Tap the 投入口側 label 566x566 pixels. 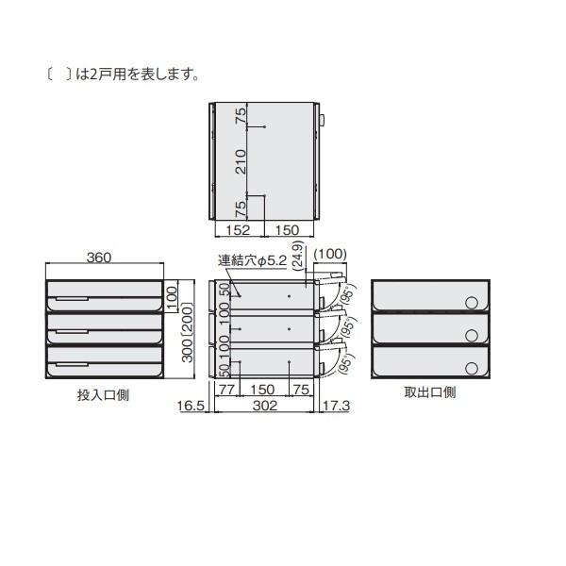pyautogui.click(x=103, y=394)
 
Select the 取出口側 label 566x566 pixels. pyautogui.click(x=430, y=392)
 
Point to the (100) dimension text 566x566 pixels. pyautogui.click(x=330, y=254)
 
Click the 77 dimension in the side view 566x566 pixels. pyautogui.click(x=226, y=390)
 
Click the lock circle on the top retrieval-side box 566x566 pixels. pyautogui.click(x=471, y=302)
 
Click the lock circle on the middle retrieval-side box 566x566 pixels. pyautogui.click(x=471, y=335)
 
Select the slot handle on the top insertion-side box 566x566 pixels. pyautogui.click(x=72, y=299)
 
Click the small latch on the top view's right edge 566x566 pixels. pyautogui.click(x=322, y=121)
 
